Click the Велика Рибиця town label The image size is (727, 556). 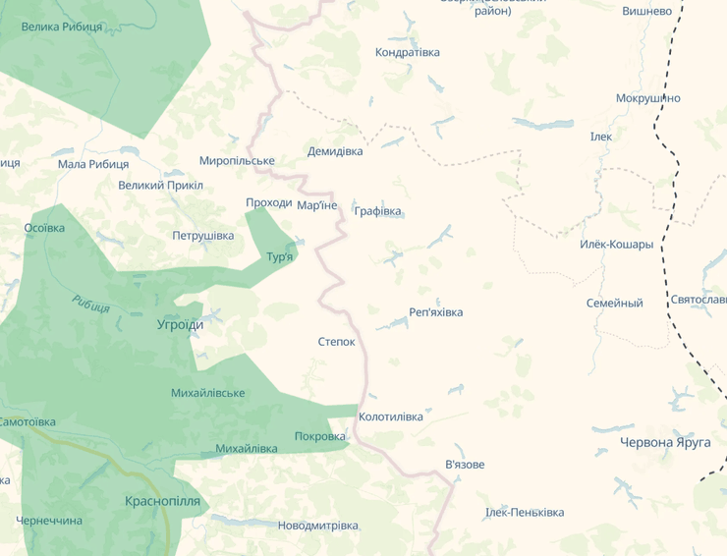[62, 27]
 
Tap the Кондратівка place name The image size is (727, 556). [408, 52]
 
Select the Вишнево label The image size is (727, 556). [647, 11]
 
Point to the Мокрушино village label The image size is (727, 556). [647, 98]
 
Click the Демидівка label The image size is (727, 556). [335, 151]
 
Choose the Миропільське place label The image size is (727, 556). [237, 160]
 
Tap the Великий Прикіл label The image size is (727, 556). [160, 185]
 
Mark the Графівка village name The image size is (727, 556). [378, 211]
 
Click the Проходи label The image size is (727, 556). [268, 203]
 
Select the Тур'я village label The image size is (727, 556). [280, 256]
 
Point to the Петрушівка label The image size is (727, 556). [203, 236]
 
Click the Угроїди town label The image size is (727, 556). [181, 324]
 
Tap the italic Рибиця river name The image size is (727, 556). [90, 305]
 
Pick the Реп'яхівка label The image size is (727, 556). [435, 312]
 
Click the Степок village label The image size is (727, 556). [336, 342]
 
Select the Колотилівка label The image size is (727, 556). [391, 417]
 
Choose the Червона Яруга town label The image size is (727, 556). [665, 442]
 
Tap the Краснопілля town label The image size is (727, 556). [162, 501]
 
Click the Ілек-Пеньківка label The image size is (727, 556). [525, 513]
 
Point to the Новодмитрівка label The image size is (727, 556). [317, 526]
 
